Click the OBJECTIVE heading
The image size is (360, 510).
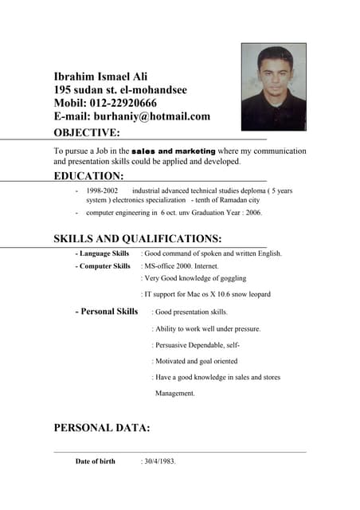pos(87,132)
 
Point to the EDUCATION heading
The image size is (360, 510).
pos(88,175)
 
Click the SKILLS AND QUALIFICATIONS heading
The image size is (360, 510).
pos(137,238)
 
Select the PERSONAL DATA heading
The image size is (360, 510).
pos(101,428)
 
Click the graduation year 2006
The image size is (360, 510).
pos(252,213)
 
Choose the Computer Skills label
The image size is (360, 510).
pos(103,266)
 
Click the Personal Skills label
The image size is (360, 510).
pos(107,312)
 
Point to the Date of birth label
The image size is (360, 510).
pos(95,461)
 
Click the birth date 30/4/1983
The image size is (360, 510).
pos(159,461)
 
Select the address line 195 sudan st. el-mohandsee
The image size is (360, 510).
pos(120,90)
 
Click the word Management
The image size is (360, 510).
pos(174,393)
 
